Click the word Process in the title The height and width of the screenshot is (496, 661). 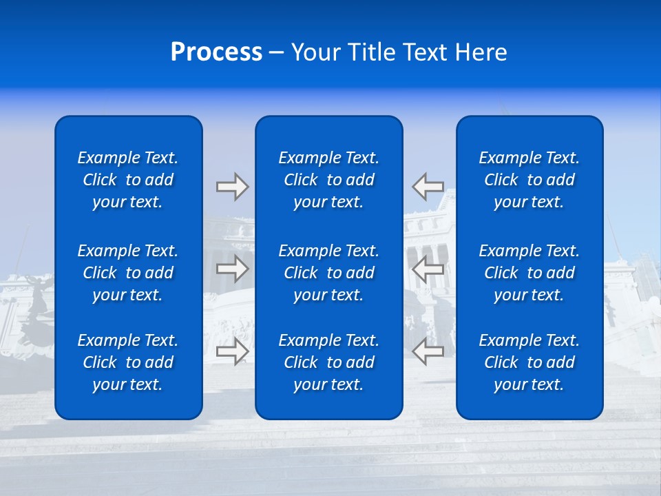tap(216, 52)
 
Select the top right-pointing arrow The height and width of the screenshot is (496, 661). tap(232, 187)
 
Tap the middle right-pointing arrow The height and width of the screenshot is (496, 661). tap(232, 269)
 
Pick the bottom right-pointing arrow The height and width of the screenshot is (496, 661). tap(232, 351)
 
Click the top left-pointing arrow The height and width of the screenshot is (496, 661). tap(428, 186)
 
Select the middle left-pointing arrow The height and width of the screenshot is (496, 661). tap(428, 269)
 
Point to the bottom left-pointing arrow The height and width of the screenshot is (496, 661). tap(428, 351)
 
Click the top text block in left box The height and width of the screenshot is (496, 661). tap(128, 180)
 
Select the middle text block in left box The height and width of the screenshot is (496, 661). tap(128, 273)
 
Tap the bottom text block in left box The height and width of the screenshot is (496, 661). tap(128, 362)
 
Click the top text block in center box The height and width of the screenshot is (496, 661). tap(328, 180)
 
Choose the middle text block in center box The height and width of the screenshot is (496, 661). tap(328, 273)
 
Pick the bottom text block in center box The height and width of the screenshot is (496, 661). tap(328, 362)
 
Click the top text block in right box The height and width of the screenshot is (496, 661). tap(529, 180)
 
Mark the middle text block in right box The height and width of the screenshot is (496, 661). tap(529, 273)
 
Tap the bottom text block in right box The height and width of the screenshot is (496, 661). tap(529, 362)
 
